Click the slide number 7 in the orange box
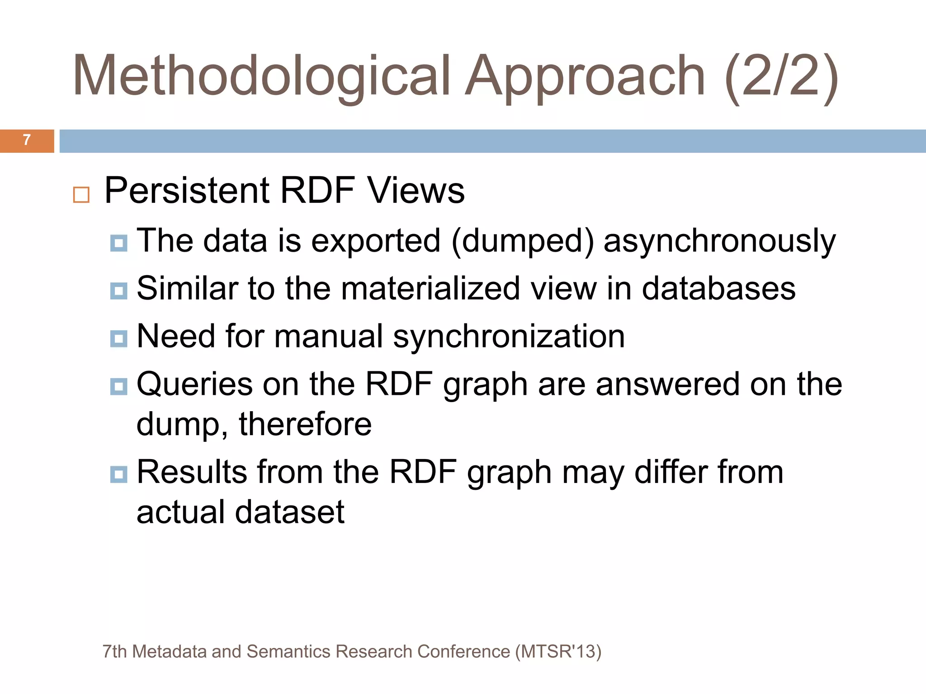coord(27,140)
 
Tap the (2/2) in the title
coord(782,76)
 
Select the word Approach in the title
coord(585,76)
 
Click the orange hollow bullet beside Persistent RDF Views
coord(81,195)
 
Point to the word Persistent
coord(187,190)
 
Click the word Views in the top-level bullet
coord(416,190)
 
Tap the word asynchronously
coord(719,241)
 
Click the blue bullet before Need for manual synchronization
coord(119,338)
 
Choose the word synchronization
coord(509,337)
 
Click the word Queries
coord(194,385)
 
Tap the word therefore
coord(305,424)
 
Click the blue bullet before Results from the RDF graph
coord(119,474)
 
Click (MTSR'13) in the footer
coord(558,652)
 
